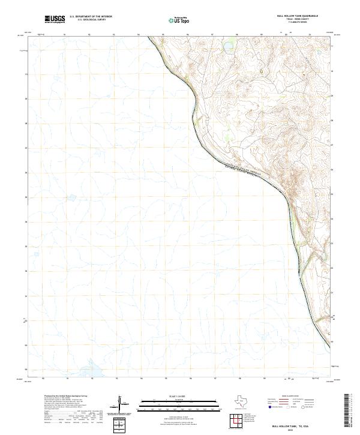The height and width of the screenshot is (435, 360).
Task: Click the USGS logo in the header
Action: [55, 20]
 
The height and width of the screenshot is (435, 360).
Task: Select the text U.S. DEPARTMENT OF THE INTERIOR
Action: [91, 17]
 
